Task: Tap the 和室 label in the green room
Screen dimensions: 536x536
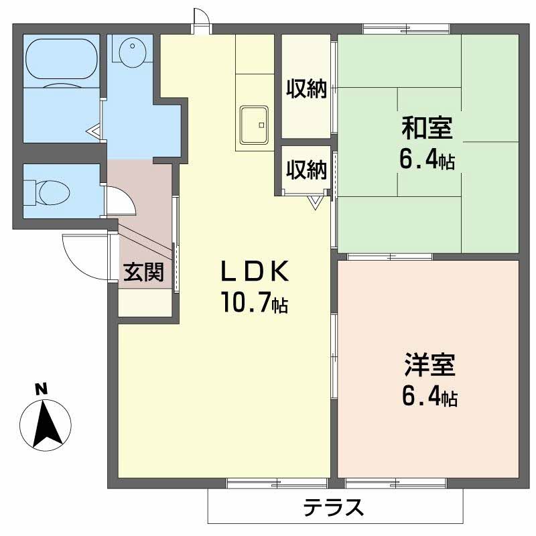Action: pyautogui.click(x=427, y=126)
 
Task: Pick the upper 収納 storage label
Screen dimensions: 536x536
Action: pyautogui.click(x=306, y=88)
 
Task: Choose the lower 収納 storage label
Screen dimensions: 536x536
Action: pyautogui.click(x=306, y=170)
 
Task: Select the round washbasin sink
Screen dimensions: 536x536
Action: pyautogui.click(x=131, y=50)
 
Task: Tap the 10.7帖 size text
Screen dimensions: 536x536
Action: pyautogui.click(x=255, y=304)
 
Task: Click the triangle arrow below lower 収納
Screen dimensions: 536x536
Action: pyautogui.click(x=314, y=201)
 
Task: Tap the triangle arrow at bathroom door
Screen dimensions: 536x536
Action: pyautogui.click(x=94, y=130)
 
